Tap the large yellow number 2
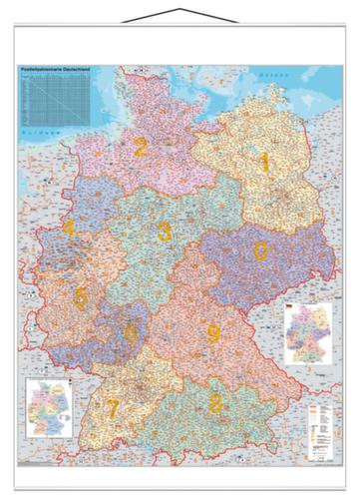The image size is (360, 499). click(x=141, y=149)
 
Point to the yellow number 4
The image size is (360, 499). click(x=69, y=228)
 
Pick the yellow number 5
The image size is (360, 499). click(x=81, y=295)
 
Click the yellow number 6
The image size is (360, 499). click(x=131, y=332)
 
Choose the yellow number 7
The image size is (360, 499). click(x=114, y=407)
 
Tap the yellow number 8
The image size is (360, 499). click(x=216, y=403)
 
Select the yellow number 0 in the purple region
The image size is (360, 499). click(x=260, y=250)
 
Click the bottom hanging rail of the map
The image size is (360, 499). click(x=180, y=463)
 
